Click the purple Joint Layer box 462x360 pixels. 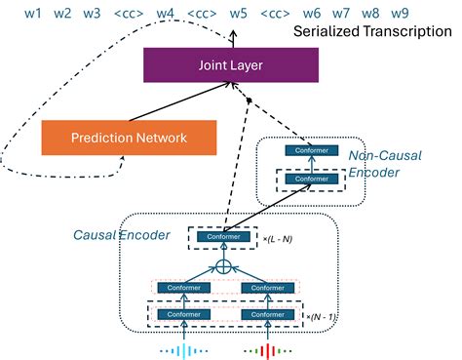click(233, 66)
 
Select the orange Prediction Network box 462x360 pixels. click(129, 138)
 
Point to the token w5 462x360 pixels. click(238, 14)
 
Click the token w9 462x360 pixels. click(399, 14)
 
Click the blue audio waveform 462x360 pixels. click(183, 347)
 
